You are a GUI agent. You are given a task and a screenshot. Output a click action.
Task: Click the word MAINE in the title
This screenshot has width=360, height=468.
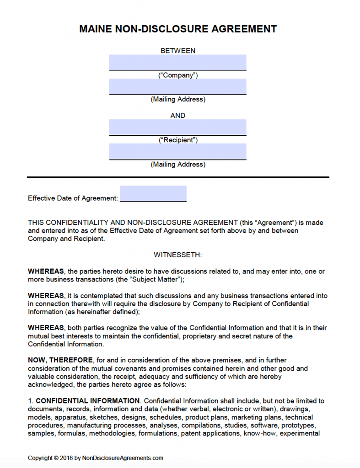pos(96,29)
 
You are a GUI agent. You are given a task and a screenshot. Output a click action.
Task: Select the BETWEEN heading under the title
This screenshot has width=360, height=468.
pos(178,51)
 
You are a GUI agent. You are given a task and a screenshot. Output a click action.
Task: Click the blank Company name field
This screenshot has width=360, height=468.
pos(177,62)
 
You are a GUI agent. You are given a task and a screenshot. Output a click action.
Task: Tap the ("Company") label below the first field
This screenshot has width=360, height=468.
pos(178,75)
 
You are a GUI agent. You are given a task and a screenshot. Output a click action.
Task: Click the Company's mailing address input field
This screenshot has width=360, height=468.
pos(177,86)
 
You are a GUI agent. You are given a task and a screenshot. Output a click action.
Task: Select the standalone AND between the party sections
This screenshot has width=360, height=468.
pos(178,116)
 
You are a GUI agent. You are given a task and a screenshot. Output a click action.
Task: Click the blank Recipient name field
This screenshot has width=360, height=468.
pos(177,127)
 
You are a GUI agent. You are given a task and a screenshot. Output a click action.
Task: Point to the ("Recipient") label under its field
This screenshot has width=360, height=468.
pos(178,140)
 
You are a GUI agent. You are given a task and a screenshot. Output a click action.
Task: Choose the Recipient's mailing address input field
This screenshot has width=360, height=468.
pos(177,151)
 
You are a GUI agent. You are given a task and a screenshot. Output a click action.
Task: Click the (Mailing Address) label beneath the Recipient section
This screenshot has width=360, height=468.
pos(178,165)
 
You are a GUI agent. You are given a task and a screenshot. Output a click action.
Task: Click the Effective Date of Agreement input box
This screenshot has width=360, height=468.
pos(153,193)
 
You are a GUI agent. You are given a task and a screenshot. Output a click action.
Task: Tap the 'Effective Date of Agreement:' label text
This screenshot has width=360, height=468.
pos(73,198)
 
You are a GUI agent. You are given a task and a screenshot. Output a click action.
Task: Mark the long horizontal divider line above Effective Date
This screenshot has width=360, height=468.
pos(178,177)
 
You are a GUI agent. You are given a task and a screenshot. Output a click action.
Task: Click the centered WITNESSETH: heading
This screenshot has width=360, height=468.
pos(178,255)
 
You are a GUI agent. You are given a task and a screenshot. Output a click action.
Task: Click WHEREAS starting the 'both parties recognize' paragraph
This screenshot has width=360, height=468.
pos(46,328)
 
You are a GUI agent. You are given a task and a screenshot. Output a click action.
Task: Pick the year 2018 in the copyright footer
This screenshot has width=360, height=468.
pos(67,458)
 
